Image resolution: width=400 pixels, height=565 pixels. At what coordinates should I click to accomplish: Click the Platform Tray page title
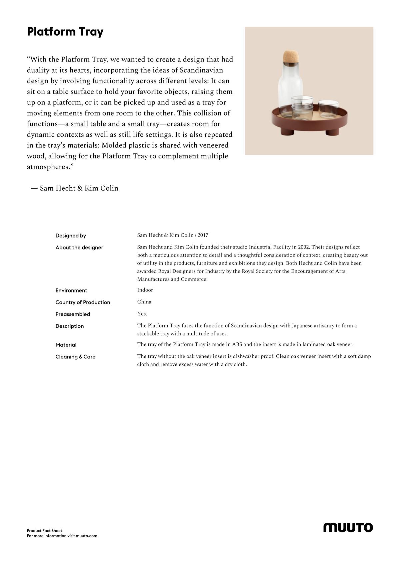coord(65,32)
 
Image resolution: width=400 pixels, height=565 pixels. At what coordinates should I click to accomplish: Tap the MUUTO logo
coord(348,527)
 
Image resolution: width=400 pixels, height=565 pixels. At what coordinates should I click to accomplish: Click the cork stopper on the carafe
coord(291,57)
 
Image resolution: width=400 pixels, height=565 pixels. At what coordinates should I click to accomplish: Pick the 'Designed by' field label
coord(71,236)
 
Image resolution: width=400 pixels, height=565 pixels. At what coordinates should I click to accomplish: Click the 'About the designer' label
coord(79,248)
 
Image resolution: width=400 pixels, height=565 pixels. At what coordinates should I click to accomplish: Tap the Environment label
coord(71,290)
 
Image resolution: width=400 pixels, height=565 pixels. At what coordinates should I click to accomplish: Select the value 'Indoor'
coord(145,290)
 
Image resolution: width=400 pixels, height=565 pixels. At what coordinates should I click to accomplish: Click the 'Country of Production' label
coord(83,302)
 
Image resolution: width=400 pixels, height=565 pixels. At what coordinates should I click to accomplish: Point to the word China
coord(144,302)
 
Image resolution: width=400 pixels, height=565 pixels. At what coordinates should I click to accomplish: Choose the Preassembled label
coord(73,314)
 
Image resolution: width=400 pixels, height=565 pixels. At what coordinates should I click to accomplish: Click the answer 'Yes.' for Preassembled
coord(142,314)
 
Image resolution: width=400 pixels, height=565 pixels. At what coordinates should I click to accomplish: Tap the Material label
coord(66,345)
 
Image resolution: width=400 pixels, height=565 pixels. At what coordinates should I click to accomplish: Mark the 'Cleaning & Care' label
coord(75,357)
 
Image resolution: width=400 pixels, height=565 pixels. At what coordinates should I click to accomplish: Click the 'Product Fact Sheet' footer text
coord(44,531)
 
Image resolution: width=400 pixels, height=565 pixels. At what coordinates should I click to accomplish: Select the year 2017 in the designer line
coord(203,235)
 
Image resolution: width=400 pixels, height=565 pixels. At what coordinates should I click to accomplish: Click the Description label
coord(70,326)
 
